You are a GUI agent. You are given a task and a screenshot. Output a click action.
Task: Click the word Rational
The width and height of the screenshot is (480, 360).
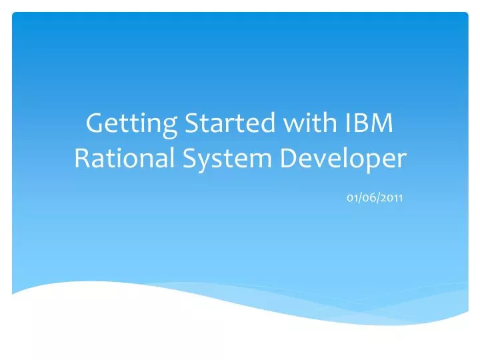click(x=116, y=159)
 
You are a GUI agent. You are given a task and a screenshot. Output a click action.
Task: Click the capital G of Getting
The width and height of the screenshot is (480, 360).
click(x=97, y=124)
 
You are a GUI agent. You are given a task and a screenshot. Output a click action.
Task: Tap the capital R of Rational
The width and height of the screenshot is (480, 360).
click(x=81, y=159)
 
